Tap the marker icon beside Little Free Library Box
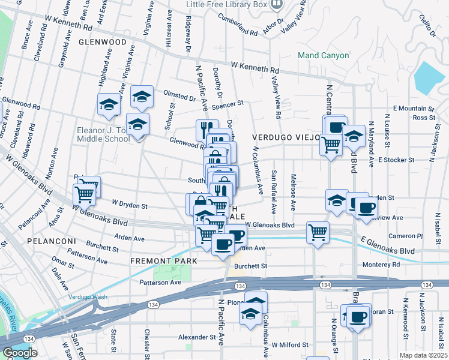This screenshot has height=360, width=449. click(x=277, y=5)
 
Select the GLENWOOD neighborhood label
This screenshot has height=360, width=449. click(x=102, y=43)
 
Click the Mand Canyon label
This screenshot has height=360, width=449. click(x=324, y=56)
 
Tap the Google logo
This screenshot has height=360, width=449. click(x=20, y=353)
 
